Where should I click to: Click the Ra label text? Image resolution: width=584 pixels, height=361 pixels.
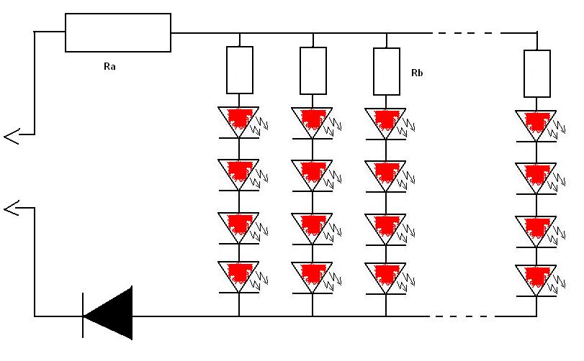(109, 67)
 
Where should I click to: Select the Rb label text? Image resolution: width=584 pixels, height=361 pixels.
(417, 73)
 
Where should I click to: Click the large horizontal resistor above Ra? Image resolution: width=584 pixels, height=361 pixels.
(118, 32)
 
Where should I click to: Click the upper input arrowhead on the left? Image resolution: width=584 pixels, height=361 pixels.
(12, 137)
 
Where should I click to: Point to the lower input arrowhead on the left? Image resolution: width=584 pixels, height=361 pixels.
(12, 209)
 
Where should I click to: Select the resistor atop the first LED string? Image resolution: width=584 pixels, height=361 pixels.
(240, 70)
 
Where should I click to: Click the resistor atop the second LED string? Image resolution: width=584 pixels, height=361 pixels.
(313, 70)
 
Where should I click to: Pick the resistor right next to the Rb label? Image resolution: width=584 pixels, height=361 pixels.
(387, 71)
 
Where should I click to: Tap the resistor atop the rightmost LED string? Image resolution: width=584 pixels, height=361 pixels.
(537, 73)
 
